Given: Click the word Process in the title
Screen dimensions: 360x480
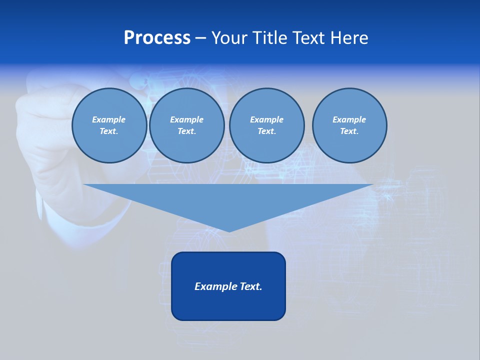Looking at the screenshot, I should tap(157, 38).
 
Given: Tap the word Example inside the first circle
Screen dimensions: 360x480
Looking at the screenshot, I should tap(109, 119).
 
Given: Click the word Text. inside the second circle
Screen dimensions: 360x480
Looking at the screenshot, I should tap(186, 131).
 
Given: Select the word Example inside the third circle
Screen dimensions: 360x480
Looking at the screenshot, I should tap(266, 119).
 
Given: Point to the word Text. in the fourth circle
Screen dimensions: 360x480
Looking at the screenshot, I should tap(349, 131).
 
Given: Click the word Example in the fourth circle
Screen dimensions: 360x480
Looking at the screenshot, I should tap(349, 119).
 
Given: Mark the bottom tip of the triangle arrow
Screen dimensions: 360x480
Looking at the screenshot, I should tap(229, 231).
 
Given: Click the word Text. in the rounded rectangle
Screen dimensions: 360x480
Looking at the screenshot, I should tap(251, 286).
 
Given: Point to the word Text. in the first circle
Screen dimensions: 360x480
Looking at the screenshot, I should tap(109, 131).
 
